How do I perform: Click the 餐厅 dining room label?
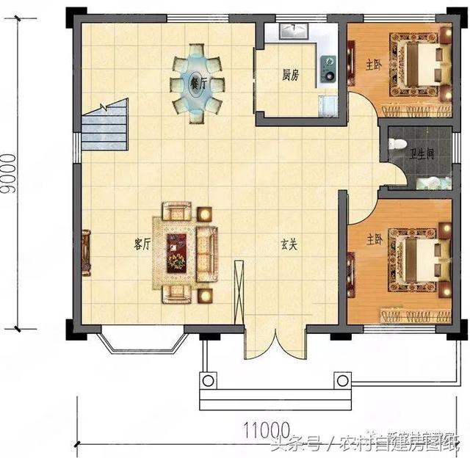coord(197,83)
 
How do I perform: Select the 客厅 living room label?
coord(142,245)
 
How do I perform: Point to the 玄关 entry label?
coord(288,245)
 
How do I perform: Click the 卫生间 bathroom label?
coord(422,154)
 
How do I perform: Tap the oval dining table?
coord(197,83)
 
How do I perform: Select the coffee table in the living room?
coord(177,252)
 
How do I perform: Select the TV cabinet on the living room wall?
coord(86,252)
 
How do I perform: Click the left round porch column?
coord(209,381)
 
